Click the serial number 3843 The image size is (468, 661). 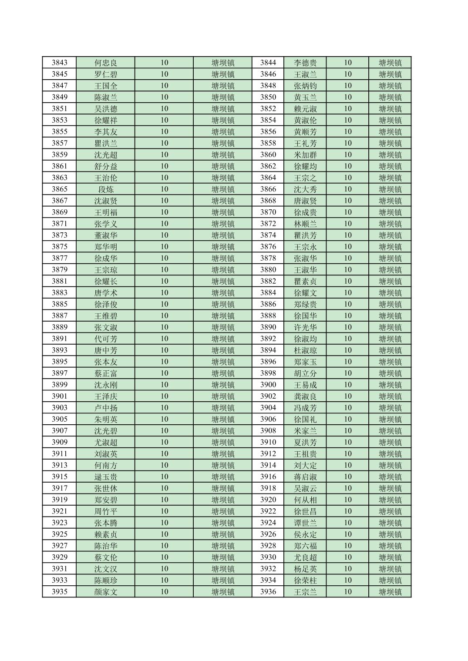tap(59, 63)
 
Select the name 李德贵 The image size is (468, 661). tap(305, 63)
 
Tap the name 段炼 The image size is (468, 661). tap(106, 189)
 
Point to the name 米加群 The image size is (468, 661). tap(305, 155)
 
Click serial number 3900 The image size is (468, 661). tap(268, 385)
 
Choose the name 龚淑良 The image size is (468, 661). tap(305, 396)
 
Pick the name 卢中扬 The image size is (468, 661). tap(106, 408)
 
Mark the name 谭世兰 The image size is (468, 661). tap(305, 523)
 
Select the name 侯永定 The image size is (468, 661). tap(305, 534)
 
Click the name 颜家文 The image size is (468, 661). tap(106, 592)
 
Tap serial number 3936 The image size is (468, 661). tap(268, 592)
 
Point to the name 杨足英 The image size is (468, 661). tap(305, 569)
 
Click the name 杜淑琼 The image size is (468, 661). tap(305, 350)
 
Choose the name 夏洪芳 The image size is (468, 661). tap(305, 443)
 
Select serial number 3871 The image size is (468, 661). tap(59, 224)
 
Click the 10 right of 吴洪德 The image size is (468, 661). tap(164, 109)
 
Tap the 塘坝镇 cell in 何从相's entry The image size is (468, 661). tap(390, 500)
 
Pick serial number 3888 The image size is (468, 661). tap(268, 316)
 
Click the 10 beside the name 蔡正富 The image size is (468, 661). tap(164, 373)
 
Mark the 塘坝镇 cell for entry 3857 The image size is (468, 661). tap(223, 143)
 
